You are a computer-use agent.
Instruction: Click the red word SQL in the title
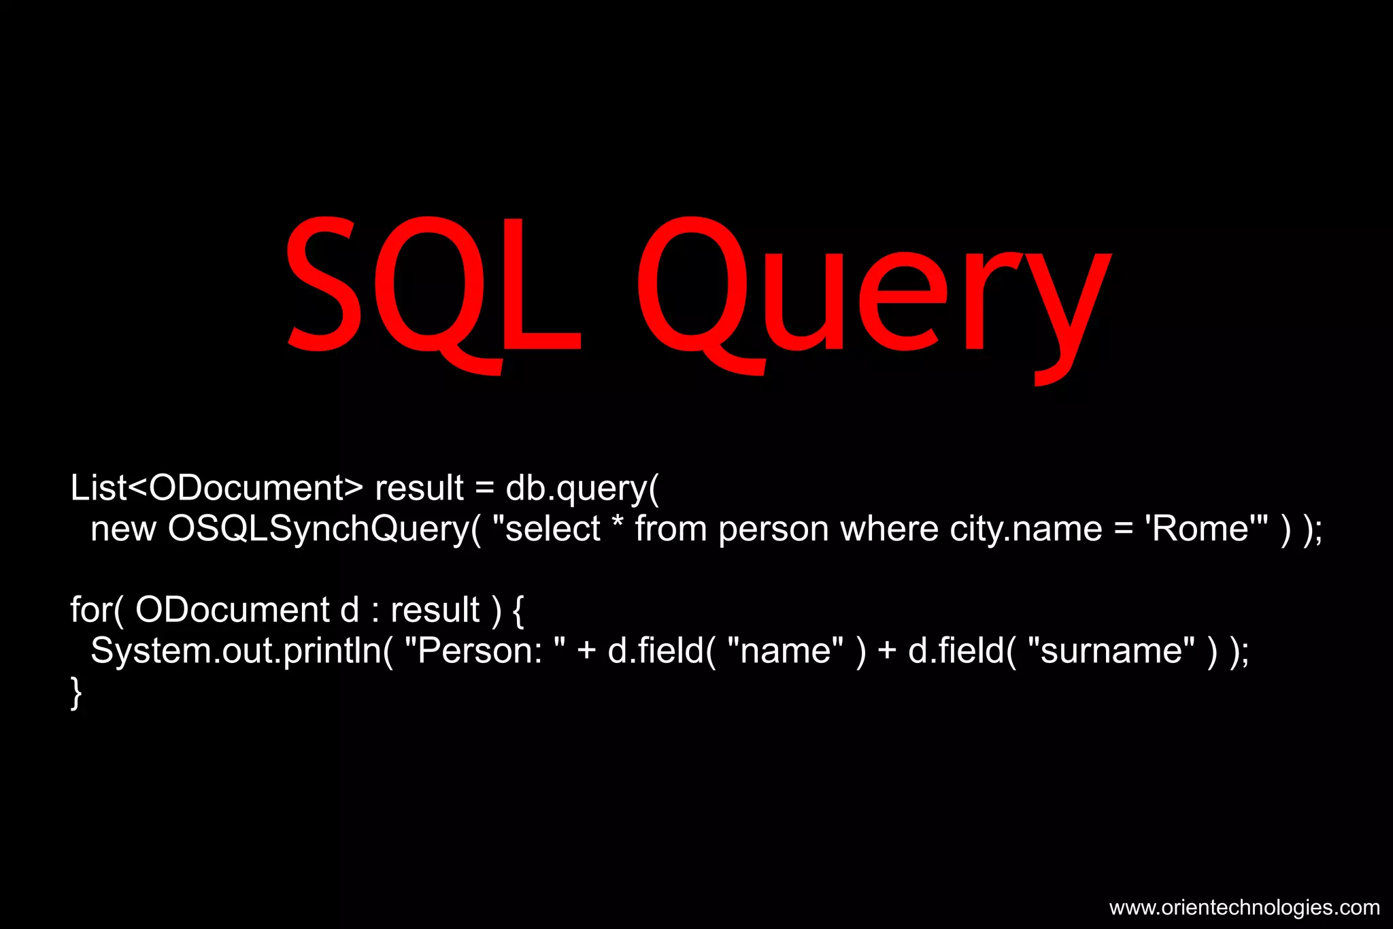pyautogui.click(x=434, y=286)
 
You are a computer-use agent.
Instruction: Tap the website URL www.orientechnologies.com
pyautogui.click(x=1244, y=907)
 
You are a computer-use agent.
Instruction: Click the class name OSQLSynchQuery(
pyautogui.click(x=324, y=529)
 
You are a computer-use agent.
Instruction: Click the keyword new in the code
pyautogui.click(x=123, y=529)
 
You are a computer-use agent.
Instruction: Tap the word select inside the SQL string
pyautogui.click(x=552, y=529)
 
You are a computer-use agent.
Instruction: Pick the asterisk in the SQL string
pyautogui.click(x=618, y=524)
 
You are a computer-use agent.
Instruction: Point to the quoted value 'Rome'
pyautogui.click(x=1201, y=529)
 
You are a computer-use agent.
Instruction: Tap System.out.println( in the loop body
pyautogui.click(x=241, y=651)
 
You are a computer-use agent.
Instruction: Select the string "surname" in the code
pyautogui.click(x=1111, y=651)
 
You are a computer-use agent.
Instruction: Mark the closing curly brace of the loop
pyautogui.click(x=76, y=693)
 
